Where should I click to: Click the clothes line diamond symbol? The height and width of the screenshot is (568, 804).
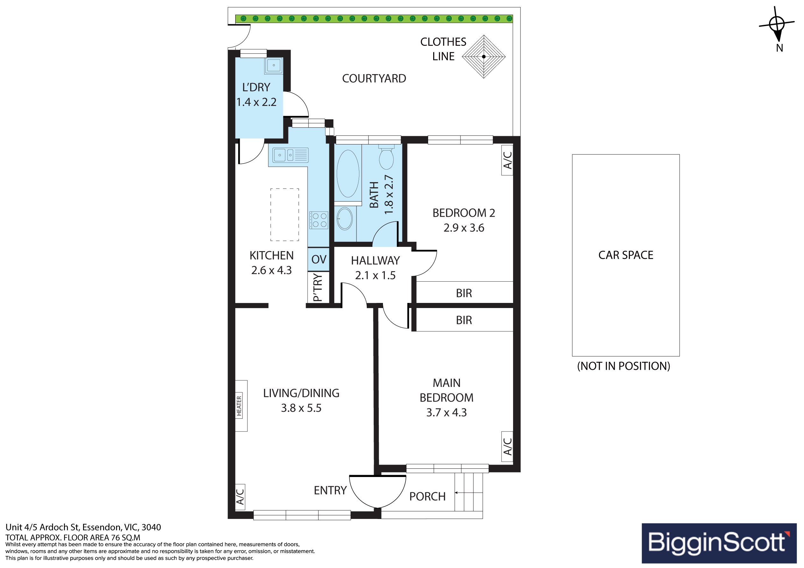(x=483, y=56)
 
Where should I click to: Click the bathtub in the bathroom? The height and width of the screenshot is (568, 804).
(x=348, y=174)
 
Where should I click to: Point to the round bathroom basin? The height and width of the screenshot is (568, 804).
(x=345, y=219)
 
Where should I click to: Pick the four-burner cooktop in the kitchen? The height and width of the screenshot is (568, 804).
(x=319, y=220)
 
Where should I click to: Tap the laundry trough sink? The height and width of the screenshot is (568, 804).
(x=274, y=66)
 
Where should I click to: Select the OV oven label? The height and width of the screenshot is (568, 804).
(x=319, y=259)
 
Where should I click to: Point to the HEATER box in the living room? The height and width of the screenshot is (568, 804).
(x=241, y=406)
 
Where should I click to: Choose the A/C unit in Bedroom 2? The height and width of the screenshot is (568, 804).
(x=507, y=160)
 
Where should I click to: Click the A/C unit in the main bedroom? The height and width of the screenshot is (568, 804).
(x=507, y=446)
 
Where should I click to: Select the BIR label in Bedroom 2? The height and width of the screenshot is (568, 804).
(x=464, y=293)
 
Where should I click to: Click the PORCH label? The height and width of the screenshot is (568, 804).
(x=427, y=496)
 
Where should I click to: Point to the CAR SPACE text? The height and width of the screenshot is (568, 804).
(x=626, y=255)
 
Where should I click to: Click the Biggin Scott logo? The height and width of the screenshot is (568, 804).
(x=719, y=543)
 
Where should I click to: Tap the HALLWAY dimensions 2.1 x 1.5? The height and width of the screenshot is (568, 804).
(x=375, y=276)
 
